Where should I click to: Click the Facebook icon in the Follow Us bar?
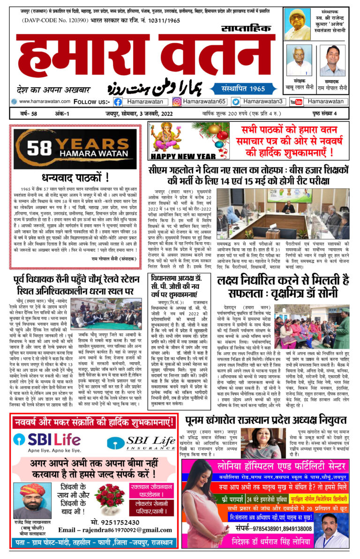pyautogui.click(x=118, y=102)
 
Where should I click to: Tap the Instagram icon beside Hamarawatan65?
pyautogui.click(x=177, y=102)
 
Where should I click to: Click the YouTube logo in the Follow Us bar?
pyautogui.click(x=296, y=102)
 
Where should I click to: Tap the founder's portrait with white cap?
pyautogui.click(x=298, y=24)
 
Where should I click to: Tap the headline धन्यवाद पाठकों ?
pyautogui.click(x=75, y=178)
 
